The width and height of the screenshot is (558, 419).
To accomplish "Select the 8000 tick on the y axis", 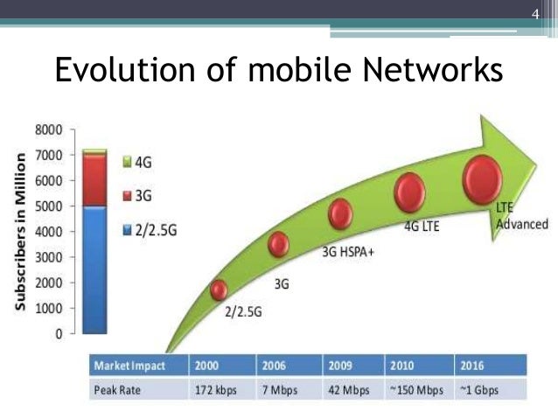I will click(x=50, y=129).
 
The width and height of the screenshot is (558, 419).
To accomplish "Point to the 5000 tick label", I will click(x=50, y=206).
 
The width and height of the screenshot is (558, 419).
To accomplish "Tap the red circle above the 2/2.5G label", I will click(x=219, y=290).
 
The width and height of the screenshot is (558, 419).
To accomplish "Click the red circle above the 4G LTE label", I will click(x=409, y=192).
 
